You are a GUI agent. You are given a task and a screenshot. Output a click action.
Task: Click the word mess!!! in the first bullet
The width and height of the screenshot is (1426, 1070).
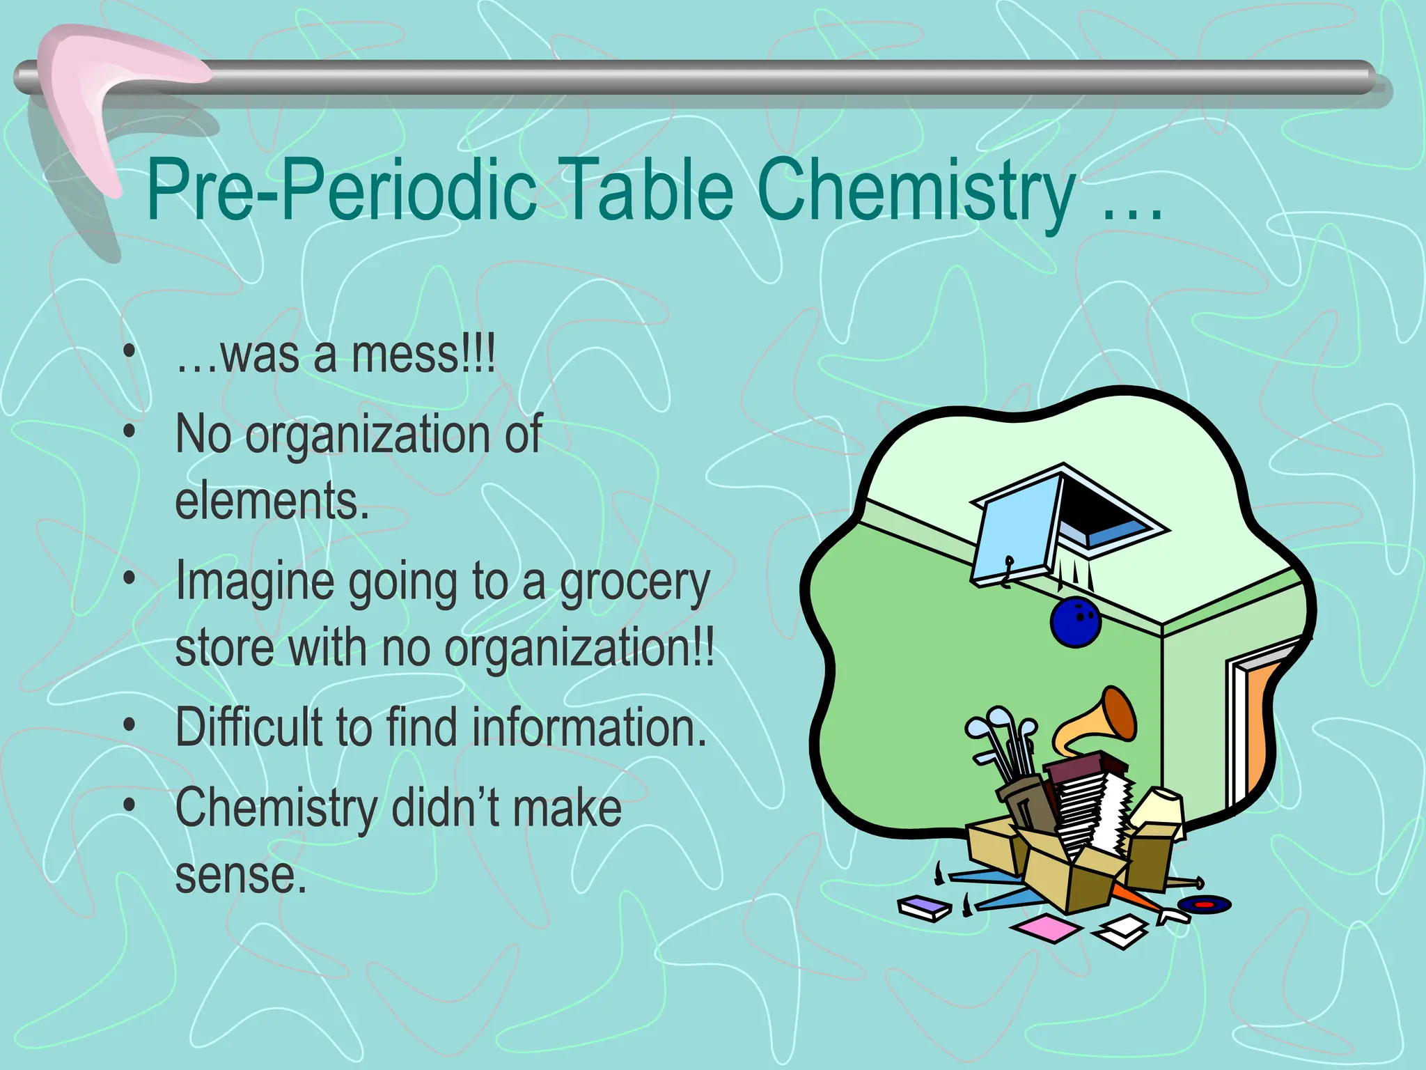(423, 355)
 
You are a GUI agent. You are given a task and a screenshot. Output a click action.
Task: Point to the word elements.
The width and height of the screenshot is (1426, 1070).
(272, 501)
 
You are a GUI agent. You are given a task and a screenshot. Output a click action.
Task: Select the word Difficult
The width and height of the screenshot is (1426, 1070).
(249, 727)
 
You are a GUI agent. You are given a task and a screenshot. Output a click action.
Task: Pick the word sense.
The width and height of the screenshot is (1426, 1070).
(240, 875)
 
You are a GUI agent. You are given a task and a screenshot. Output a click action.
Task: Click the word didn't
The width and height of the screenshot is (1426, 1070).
(445, 808)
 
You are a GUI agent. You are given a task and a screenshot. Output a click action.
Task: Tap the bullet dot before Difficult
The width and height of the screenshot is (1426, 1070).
(130, 725)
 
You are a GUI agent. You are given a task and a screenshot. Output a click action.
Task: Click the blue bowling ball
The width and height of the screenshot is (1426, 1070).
(1076, 621)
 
